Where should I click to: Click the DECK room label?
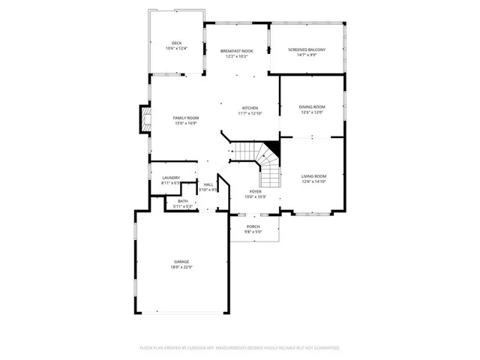[x=177, y=43]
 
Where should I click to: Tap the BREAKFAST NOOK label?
[x=236, y=51]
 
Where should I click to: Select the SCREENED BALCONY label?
[x=307, y=49]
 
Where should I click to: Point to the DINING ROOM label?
[x=312, y=107]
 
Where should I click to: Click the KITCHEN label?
[x=250, y=107]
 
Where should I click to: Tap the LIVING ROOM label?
[x=314, y=175]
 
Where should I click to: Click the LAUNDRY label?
[x=171, y=178]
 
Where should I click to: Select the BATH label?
[x=183, y=201]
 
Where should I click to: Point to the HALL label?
[x=208, y=184]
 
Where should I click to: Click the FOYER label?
[x=256, y=191]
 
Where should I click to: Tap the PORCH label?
[x=253, y=226]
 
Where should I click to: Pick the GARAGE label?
[x=182, y=262]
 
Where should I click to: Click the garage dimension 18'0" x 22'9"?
[x=182, y=267]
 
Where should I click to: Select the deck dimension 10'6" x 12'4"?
[x=177, y=49]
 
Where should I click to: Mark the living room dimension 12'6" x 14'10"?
[x=314, y=181]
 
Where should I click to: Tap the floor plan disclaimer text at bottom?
[x=240, y=348]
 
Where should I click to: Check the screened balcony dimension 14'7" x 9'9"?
[x=307, y=55]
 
